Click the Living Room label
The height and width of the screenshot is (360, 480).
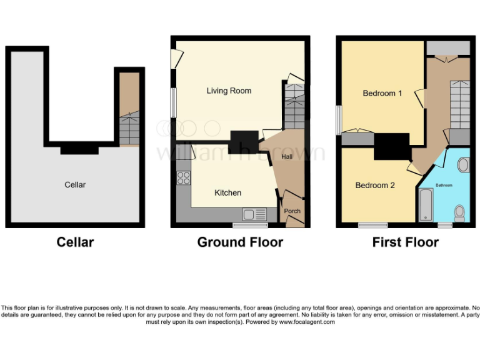tap(229, 91)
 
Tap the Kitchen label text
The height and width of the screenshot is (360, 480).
tap(227, 192)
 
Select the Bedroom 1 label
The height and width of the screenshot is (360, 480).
tap(382, 93)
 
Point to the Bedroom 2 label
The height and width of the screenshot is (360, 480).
tap(375, 185)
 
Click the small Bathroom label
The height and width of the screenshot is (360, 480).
tap(444, 185)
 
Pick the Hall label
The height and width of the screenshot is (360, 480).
tap(287, 156)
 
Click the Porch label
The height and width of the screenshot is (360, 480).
tap(292, 211)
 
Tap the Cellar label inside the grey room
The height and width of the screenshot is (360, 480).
tap(75, 184)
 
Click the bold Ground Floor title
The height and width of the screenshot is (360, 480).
tap(240, 242)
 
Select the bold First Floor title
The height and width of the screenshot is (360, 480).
tap(405, 242)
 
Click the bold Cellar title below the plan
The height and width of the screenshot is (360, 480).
tap(75, 242)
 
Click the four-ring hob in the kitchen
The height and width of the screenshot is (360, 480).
tap(184, 177)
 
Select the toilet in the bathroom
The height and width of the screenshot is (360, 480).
tap(460, 212)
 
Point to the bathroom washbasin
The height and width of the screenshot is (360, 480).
tap(464, 165)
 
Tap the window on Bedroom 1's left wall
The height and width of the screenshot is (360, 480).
tap(338, 119)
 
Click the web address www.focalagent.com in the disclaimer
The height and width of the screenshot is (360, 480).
tap(306, 322)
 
